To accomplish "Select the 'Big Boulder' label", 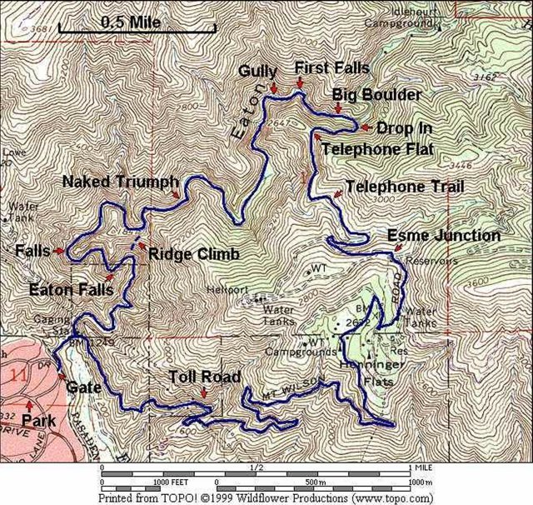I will tap(376, 94).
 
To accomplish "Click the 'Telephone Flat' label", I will tap(376, 150).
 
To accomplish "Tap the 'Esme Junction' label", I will tap(444, 236).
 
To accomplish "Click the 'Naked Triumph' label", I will tap(120, 181).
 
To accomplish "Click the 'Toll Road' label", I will tap(198, 376).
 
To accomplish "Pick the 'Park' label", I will tap(39, 422).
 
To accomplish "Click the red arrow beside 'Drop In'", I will tap(365, 127).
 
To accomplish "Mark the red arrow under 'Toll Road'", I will tap(204, 392).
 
